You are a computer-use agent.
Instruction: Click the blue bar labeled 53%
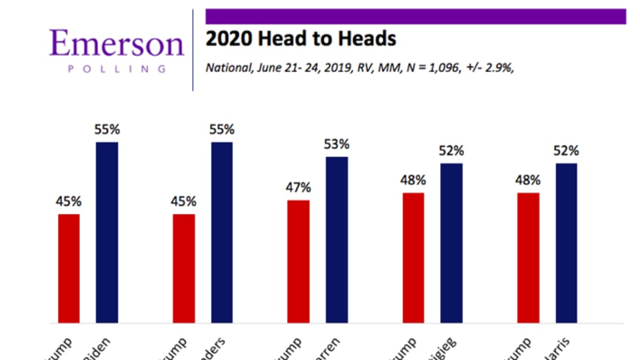[337, 239]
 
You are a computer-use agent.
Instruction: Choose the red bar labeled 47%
[299, 261]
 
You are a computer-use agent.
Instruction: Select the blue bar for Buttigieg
[452, 243]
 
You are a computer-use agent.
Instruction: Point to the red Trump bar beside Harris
[528, 257]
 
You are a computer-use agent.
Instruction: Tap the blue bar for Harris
[566, 243]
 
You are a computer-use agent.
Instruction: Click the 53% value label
[337, 145]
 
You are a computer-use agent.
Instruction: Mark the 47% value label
[299, 187]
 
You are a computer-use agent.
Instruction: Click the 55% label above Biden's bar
[107, 130]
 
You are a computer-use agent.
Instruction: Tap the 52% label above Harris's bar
[566, 151]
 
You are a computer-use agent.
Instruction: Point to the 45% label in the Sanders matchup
[184, 201]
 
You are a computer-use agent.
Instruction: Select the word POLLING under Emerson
[116, 68]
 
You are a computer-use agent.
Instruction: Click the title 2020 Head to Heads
[301, 39]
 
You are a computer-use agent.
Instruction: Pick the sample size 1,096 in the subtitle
[437, 67]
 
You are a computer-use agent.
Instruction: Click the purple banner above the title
[415, 16]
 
